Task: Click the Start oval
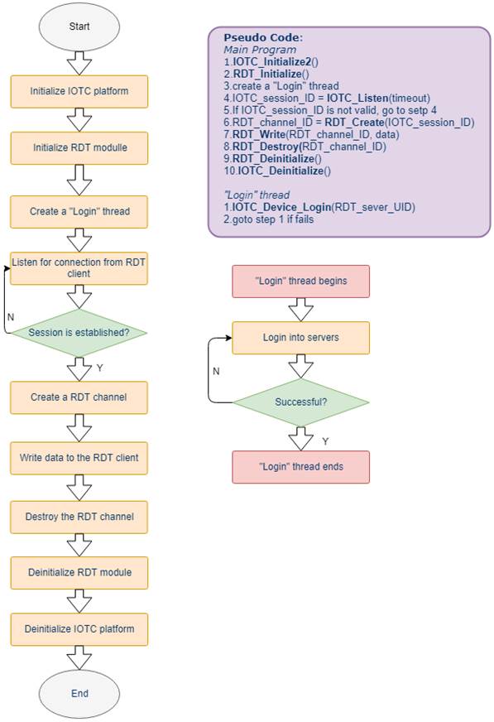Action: (x=79, y=26)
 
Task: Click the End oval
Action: (x=79, y=694)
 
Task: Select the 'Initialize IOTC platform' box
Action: (x=79, y=91)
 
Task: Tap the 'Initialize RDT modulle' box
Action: (x=79, y=148)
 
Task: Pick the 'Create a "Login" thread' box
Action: (x=79, y=212)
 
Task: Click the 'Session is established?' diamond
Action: (x=79, y=333)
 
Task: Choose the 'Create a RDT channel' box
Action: (x=79, y=397)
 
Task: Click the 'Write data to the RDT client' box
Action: (x=79, y=458)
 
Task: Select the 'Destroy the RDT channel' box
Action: (x=79, y=517)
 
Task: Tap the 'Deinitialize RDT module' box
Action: (x=79, y=573)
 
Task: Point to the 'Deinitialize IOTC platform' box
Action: (x=79, y=629)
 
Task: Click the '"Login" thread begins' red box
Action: (x=301, y=282)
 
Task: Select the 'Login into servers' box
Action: (x=301, y=338)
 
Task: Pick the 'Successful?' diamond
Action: (x=301, y=402)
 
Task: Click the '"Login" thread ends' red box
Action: (x=301, y=467)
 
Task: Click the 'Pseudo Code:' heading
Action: (x=263, y=38)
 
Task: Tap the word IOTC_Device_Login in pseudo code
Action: (x=281, y=207)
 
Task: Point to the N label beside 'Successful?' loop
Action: (x=216, y=371)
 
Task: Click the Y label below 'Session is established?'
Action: (x=100, y=368)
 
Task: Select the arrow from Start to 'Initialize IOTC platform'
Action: (x=79, y=63)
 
